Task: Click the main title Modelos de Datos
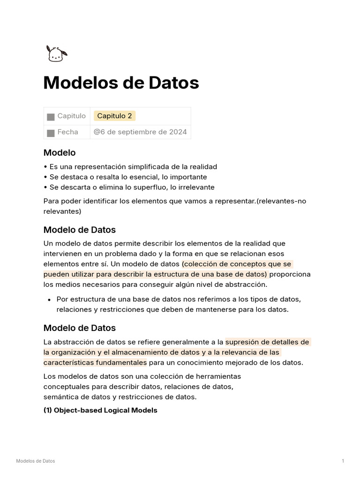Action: tap(121, 83)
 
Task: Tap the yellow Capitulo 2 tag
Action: tap(114, 116)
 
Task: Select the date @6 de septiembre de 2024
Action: tap(140, 132)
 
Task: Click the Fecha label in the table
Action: tap(67, 132)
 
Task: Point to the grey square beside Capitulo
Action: tap(51, 116)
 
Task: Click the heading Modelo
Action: tap(60, 152)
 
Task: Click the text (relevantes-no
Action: tap(281, 201)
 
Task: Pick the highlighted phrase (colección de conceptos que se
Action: tap(237, 264)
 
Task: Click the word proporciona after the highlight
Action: tap(290, 274)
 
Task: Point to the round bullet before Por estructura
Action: tap(49, 300)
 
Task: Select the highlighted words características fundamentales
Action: tap(95, 362)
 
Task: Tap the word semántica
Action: tap(60, 397)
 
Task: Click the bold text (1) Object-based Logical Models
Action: tap(100, 410)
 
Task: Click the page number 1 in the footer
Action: tap(343, 461)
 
